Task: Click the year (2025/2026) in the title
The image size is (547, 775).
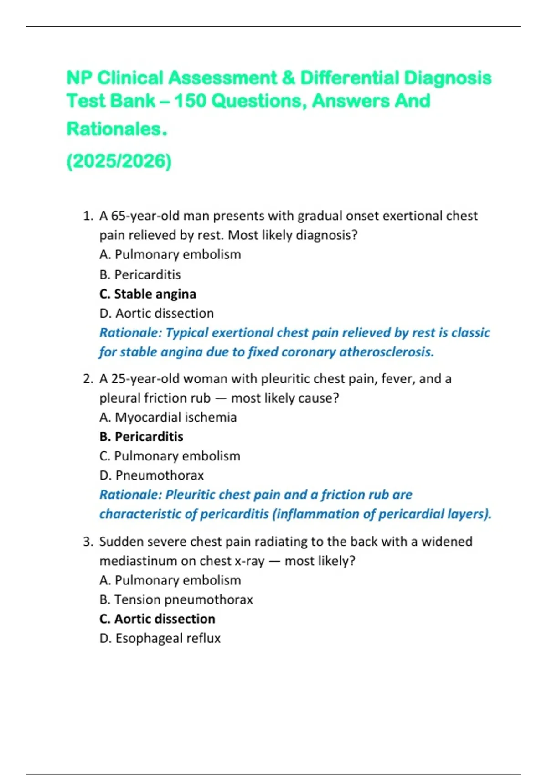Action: [x=119, y=161]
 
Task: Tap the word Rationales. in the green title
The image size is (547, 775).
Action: [x=117, y=129]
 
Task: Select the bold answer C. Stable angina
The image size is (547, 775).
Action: [x=148, y=294]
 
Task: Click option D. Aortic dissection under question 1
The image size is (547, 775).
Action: [x=156, y=313]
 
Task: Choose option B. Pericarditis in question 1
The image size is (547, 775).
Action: [x=140, y=274]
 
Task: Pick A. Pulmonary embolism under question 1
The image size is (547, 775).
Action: [x=170, y=254]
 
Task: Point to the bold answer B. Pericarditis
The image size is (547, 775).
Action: [x=141, y=437]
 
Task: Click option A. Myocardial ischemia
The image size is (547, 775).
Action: [x=168, y=417]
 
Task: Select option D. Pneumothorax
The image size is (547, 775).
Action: [x=151, y=475]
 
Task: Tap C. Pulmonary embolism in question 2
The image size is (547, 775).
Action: [x=170, y=456]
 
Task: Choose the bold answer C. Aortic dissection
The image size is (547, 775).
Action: [x=157, y=619]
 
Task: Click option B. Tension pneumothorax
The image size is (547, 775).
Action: [x=176, y=599]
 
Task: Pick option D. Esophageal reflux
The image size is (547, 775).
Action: [x=160, y=638]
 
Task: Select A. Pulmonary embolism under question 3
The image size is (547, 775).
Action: [x=170, y=580]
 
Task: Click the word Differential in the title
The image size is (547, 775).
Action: [x=350, y=78]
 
